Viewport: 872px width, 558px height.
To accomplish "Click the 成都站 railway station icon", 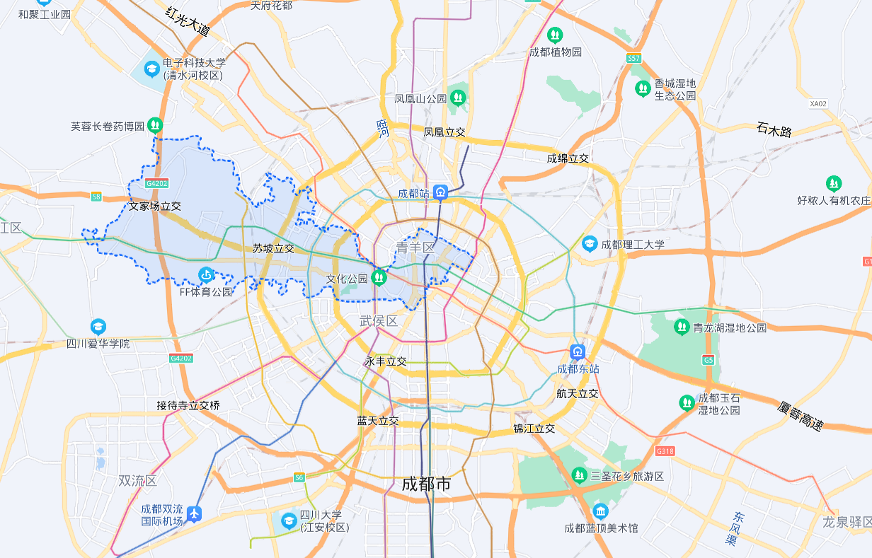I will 441,192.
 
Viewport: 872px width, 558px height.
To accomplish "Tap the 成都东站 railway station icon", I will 578,351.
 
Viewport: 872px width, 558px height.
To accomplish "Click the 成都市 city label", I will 426,484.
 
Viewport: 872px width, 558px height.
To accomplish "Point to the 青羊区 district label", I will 415,248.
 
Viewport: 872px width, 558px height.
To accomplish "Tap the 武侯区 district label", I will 379,321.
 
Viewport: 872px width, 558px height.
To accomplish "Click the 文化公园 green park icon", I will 379,277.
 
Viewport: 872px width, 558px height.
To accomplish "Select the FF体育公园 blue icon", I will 206,274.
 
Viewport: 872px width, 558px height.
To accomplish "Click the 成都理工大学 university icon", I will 589,244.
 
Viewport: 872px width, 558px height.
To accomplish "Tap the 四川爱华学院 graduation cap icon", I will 98,327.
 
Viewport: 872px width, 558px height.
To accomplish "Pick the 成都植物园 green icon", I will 556,35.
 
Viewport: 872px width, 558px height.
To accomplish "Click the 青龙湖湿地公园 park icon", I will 681,327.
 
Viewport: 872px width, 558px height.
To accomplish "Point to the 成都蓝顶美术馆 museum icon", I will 601,511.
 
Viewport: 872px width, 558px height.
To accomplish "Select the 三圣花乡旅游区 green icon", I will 579,474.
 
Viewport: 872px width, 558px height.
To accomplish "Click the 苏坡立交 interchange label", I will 273,249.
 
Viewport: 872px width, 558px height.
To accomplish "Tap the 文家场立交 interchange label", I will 155,207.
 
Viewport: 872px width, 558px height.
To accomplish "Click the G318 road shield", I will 665,451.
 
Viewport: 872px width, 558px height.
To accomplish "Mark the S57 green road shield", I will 633,57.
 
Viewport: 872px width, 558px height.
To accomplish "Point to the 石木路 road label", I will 774,130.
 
